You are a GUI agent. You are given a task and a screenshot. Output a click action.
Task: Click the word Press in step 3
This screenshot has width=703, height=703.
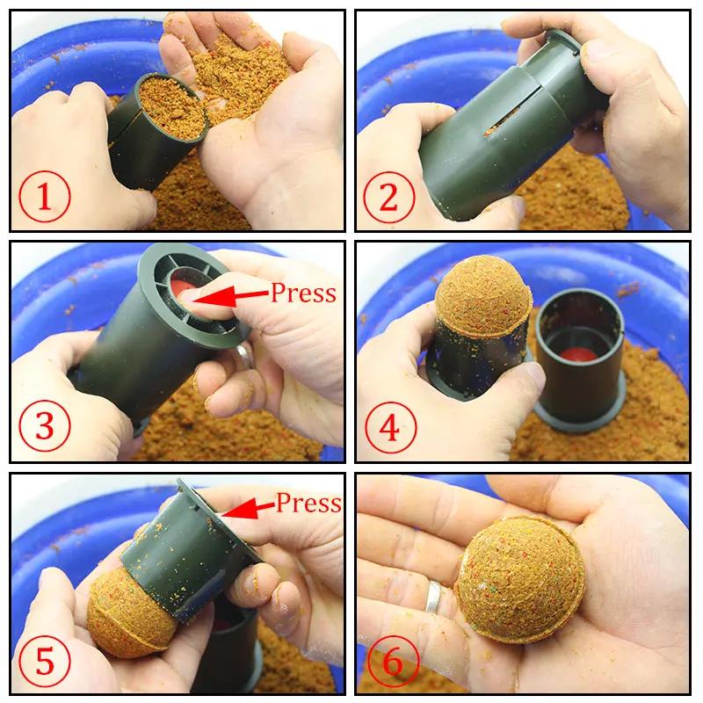tap(303, 293)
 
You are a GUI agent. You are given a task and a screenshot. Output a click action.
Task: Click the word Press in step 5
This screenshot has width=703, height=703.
tap(308, 504)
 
